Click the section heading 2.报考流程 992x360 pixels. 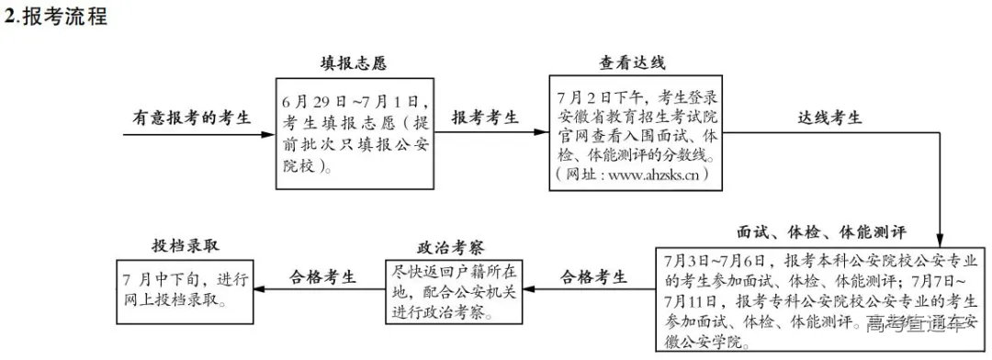tap(56, 17)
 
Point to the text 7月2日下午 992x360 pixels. tap(602, 96)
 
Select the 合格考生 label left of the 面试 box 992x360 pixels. tap(594, 276)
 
